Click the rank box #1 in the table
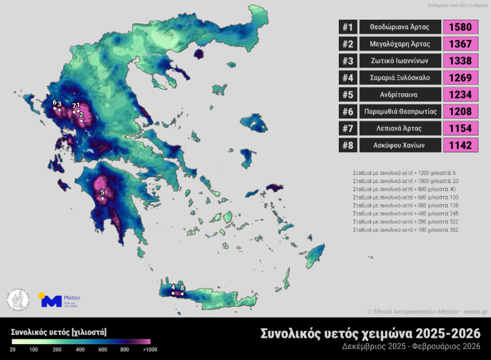(x=347, y=27)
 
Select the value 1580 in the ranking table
(x=460, y=27)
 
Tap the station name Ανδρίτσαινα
(x=400, y=95)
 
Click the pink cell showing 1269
(x=460, y=77)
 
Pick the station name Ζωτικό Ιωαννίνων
(x=400, y=61)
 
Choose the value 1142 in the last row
(x=460, y=145)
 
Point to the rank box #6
(x=347, y=111)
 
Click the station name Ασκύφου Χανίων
(x=400, y=145)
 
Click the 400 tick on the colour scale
(x=80, y=349)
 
